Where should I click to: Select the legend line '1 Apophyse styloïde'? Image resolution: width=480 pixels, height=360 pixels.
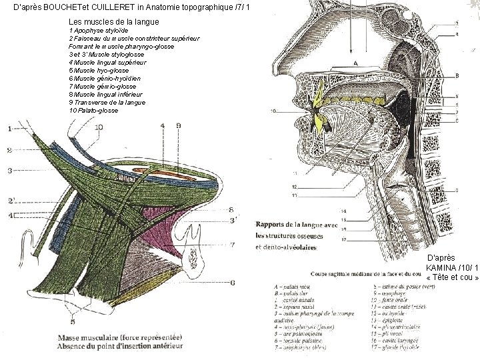coord(97,31)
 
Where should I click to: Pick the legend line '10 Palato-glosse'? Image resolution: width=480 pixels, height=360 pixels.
coord(94,110)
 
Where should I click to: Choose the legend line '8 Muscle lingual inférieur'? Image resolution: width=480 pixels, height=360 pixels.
coord(107,94)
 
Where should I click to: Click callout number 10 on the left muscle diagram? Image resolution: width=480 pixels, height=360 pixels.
coord(99,127)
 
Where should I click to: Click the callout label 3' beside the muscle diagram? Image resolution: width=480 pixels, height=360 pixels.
coord(233,220)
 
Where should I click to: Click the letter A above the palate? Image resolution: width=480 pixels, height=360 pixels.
coord(355,63)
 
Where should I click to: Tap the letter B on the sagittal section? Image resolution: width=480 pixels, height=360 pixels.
coord(457,75)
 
